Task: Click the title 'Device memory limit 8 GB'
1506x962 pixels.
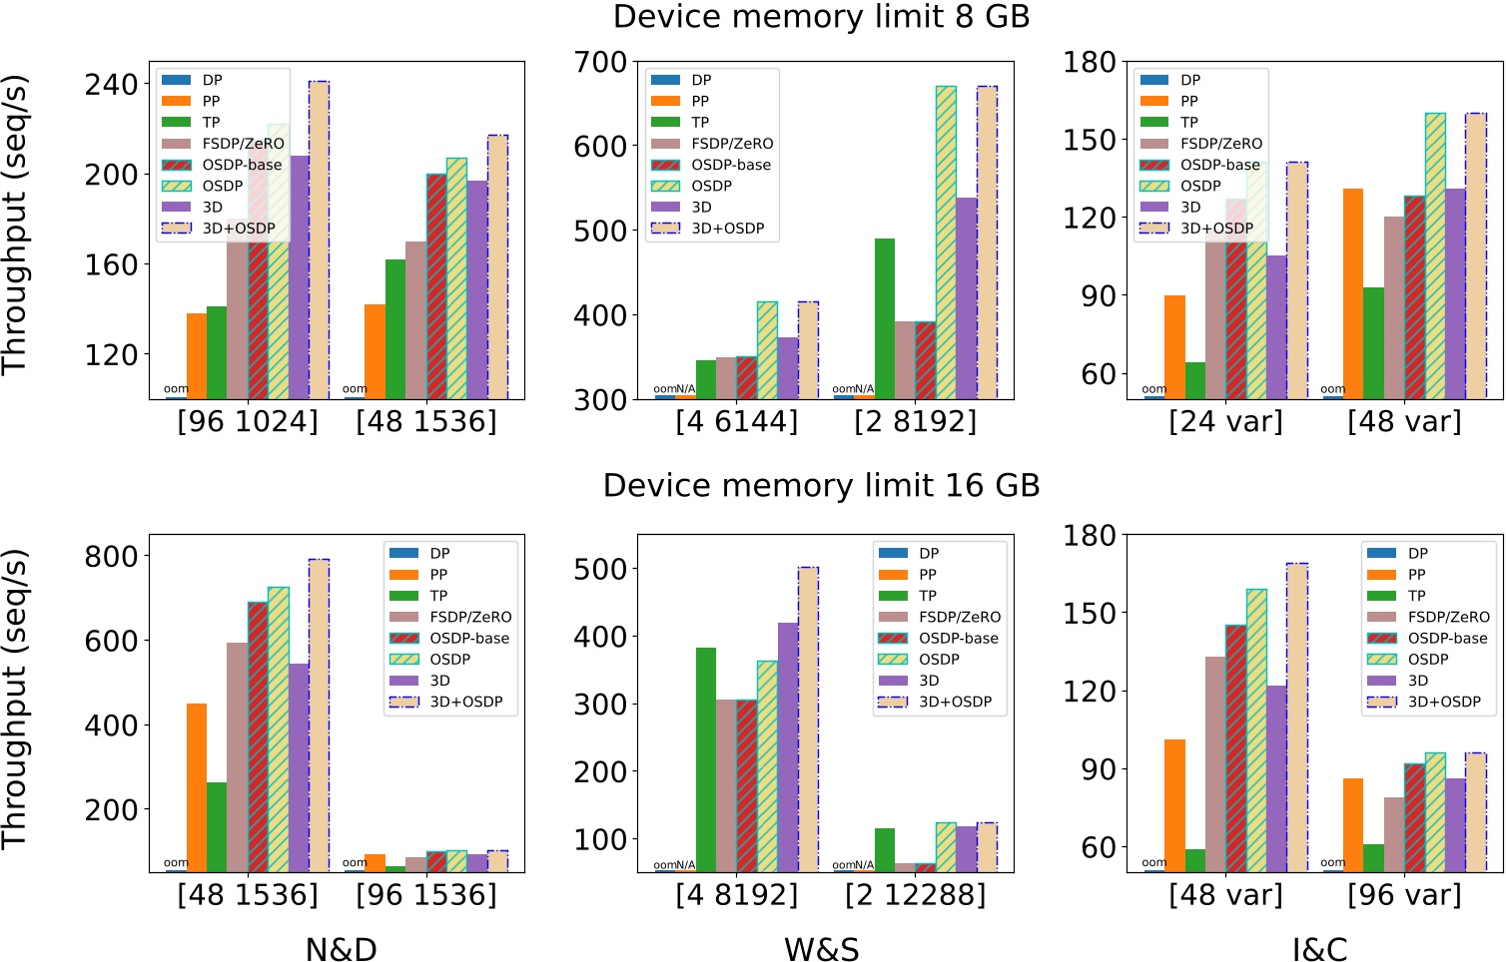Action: [x=821, y=17]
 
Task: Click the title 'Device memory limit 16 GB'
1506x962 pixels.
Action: [x=821, y=486]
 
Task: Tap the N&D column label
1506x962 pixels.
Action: [x=341, y=949]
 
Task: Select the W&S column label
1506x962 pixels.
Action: [x=821, y=949]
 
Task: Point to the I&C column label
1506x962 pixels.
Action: [x=1319, y=949]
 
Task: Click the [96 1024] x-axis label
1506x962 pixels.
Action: [x=248, y=422]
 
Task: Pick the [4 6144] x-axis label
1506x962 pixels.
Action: [x=737, y=422]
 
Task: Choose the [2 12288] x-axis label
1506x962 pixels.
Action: [x=915, y=895]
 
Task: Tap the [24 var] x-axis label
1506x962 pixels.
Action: [x=1225, y=422]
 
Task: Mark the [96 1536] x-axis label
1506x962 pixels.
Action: [x=426, y=895]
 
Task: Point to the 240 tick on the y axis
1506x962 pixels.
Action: [x=111, y=85]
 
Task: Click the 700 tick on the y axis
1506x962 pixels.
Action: [x=600, y=62]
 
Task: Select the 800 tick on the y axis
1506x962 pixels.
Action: [x=111, y=556]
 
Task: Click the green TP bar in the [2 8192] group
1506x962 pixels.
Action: [x=885, y=319]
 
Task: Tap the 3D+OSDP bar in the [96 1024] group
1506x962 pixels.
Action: [x=319, y=240]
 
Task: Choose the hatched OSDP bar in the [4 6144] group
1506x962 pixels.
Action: [x=767, y=350]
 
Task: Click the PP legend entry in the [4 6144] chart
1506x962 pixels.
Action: [x=699, y=101]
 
